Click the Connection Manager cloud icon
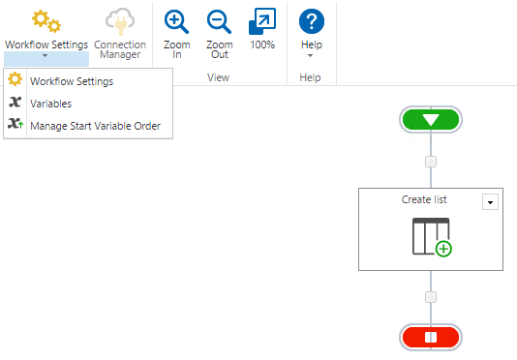(120, 21)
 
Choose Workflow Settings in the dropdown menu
(71, 81)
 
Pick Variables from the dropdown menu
(50, 104)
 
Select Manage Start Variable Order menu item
(95, 126)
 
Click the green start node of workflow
(431, 120)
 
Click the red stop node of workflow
(431, 337)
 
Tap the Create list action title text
(424, 200)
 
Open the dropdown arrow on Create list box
(490, 201)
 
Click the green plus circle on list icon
(443, 249)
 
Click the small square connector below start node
(431, 162)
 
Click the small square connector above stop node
(431, 297)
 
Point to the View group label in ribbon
(219, 77)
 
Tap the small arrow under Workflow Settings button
(46, 56)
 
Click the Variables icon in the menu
(15, 104)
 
